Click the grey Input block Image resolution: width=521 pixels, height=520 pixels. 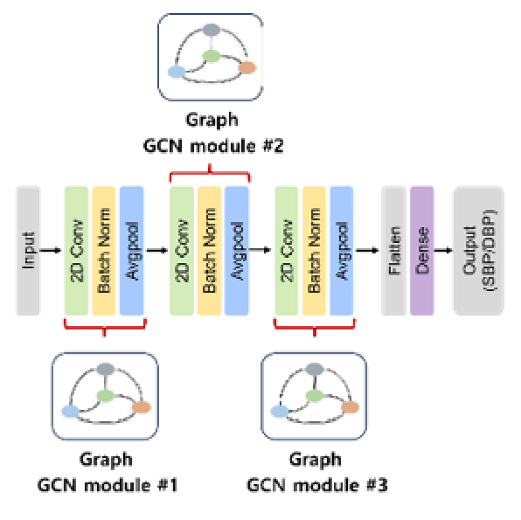(x=28, y=251)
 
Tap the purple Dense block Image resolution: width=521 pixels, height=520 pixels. (x=422, y=251)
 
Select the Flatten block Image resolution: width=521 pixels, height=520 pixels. (x=393, y=251)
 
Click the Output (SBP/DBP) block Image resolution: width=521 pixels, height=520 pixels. (x=479, y=251)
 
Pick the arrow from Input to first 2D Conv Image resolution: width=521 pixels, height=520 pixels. (x=51, y=250)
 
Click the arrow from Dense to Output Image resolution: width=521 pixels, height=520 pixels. (x=443, y=250)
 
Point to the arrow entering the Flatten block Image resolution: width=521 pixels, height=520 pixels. (x=367, y=250)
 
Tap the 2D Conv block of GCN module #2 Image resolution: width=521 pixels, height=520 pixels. (x=182, y=251)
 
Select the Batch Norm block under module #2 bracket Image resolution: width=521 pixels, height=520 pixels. (x=209, y=251)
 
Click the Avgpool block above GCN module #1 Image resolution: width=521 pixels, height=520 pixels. (x=132, y=251)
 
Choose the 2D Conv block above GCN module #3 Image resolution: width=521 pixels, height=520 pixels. (x=287, y=251)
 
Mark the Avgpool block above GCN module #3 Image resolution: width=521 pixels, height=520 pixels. (x=342, y=251)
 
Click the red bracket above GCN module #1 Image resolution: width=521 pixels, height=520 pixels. (x=105, y=328)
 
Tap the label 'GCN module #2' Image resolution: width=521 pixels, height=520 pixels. (x=213, y=146)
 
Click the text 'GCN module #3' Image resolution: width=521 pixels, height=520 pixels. (x=317, y=485)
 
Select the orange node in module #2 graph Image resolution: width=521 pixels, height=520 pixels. (x=247, y=68)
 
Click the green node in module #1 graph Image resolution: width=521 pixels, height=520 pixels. (x=106, y=396)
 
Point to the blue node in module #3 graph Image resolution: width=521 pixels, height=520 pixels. (x=280, y=412)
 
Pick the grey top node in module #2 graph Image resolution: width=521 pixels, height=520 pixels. (x=212, y=30)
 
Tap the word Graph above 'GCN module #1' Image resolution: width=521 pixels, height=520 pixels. (x=106, y=460)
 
